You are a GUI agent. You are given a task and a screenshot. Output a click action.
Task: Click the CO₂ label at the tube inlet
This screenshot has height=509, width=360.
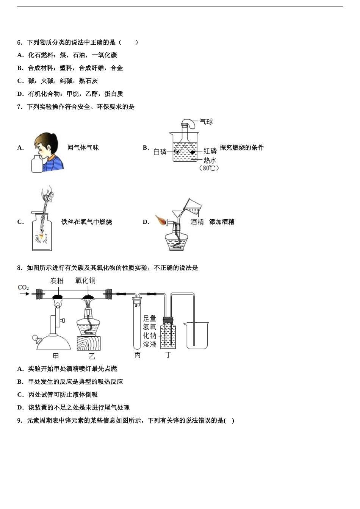[23, 287]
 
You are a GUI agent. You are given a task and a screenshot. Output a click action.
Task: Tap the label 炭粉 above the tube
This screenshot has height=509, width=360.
[57, 281]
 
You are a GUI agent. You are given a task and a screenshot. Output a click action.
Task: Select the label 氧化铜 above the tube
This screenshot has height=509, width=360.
[85, 280]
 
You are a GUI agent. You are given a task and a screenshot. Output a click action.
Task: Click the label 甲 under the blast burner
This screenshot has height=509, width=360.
[56, 356]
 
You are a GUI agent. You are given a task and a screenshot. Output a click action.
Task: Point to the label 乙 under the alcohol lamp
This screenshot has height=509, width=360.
[92, 356]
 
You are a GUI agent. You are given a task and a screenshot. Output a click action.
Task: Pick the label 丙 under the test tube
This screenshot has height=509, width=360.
[137, 355]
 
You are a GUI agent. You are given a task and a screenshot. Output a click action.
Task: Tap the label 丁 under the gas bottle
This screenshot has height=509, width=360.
[168, 355]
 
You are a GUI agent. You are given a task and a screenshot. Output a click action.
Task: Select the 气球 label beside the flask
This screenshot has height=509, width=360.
[206, 122]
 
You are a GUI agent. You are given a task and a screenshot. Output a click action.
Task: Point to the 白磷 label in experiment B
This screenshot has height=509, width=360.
[160, 152]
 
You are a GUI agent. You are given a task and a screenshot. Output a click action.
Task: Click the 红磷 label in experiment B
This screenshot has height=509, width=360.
[210, 151]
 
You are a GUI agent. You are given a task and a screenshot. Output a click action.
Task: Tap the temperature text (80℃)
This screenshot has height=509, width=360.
[209, 168]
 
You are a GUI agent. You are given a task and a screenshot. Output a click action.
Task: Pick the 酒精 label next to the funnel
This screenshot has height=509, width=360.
[197, 222]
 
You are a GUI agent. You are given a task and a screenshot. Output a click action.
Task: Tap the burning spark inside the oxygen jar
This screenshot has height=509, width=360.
[41, 237]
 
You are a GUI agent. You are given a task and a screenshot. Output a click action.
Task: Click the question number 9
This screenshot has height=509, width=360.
[20, 420]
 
